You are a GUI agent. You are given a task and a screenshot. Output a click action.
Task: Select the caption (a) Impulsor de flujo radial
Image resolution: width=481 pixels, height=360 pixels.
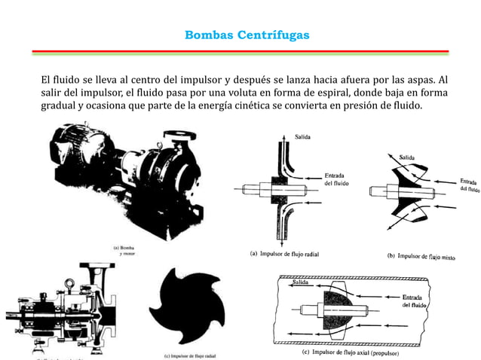coord(284,254)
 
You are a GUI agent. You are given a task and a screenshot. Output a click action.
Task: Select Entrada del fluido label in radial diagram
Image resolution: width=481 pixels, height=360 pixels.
coord(336,178)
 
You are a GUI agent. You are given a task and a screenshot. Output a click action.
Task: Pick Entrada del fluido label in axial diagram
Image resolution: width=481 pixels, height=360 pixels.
coord(416,301)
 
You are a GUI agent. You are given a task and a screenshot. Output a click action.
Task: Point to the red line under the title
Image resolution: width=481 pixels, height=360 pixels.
coord(240,51)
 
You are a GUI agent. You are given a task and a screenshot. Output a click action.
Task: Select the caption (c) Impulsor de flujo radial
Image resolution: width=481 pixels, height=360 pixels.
coord(195,355)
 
